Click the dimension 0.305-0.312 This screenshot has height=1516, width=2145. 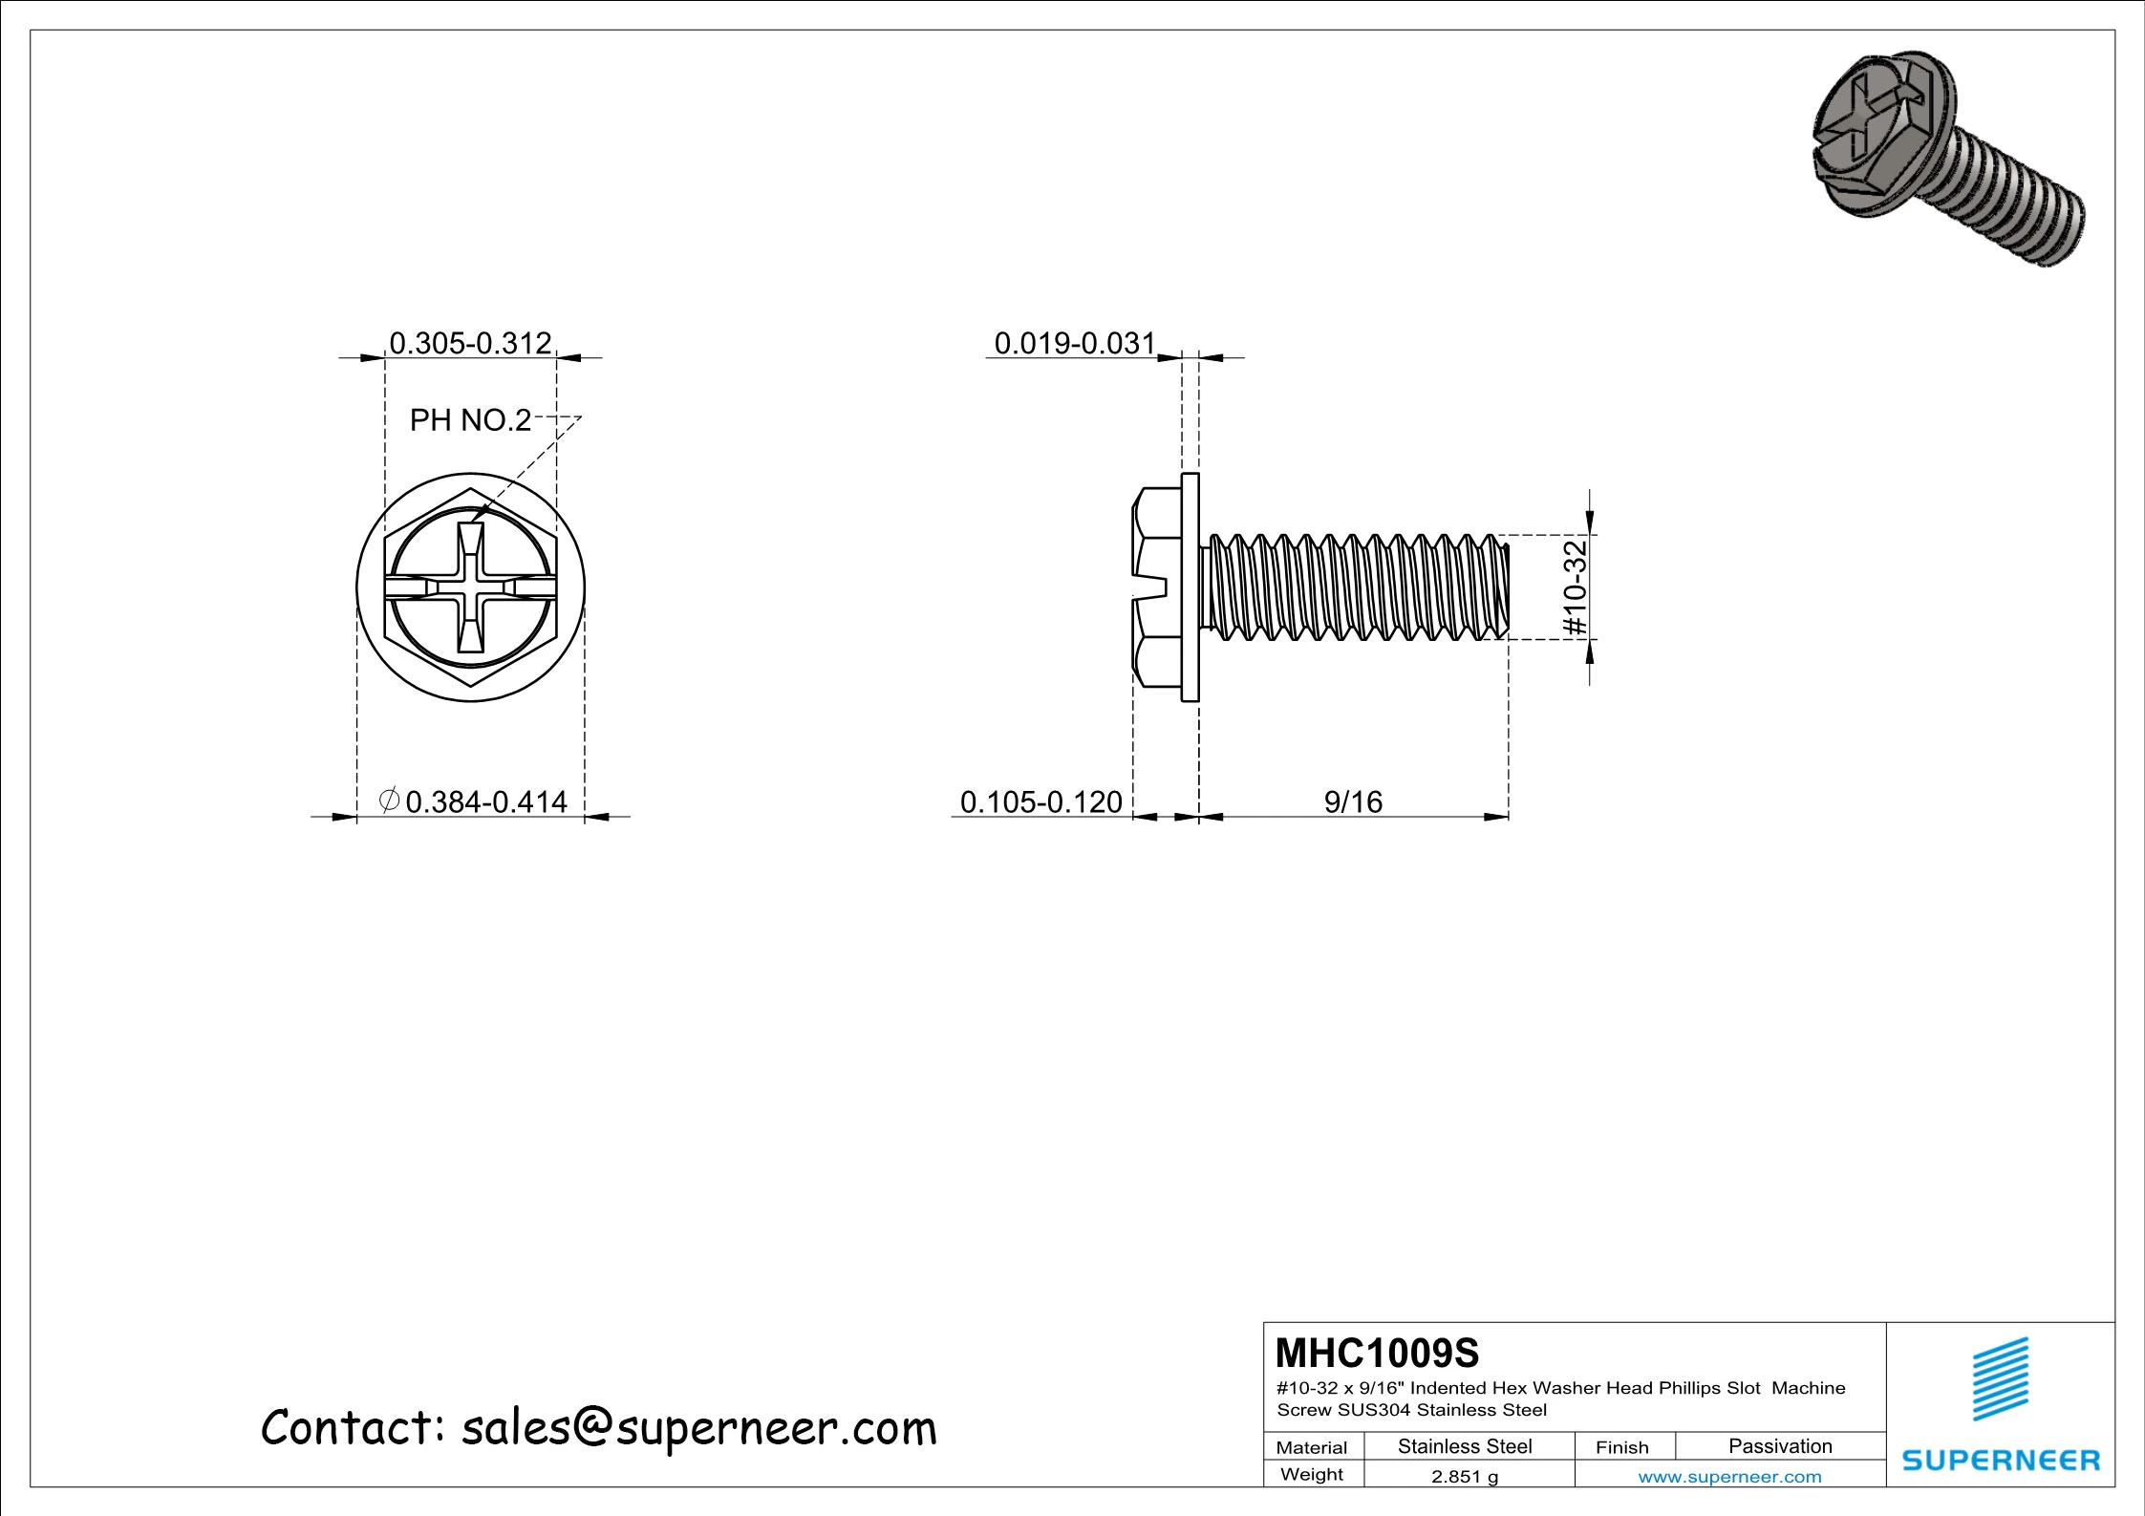470,342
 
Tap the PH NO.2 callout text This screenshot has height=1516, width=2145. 469,420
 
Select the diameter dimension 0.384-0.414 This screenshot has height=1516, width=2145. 485,801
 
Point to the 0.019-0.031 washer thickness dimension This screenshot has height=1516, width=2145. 1074,343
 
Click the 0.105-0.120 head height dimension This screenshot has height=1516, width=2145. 1040,801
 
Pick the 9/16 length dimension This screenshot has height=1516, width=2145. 1353,801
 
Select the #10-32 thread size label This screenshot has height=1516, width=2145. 1575,587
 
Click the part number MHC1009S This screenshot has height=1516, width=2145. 1377,1353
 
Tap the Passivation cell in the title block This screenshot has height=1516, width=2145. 1779,1446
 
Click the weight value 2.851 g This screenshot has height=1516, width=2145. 1464,1476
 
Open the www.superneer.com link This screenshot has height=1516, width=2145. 1729,1476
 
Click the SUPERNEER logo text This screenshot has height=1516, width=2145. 2001,1460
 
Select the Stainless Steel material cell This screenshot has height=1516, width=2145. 1464,1446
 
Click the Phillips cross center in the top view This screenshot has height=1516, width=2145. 470,587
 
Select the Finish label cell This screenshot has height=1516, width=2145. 1621,1447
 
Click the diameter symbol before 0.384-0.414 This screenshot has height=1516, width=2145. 389,800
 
